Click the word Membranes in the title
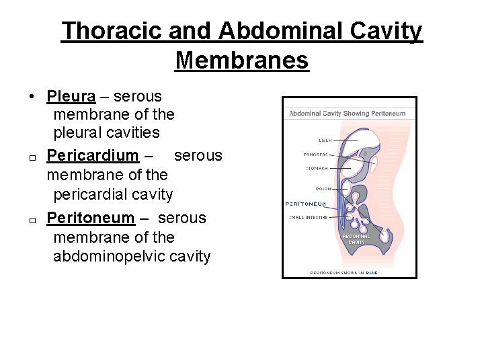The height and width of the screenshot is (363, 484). coord(241,60)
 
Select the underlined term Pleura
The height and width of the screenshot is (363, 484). coord(71,96)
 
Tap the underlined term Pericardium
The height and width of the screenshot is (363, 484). coord(92,155)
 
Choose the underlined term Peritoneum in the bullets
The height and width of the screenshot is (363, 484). coord(91,218)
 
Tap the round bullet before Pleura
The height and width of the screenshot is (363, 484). coord(32,97)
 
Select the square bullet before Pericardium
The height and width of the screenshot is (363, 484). coord(32,158)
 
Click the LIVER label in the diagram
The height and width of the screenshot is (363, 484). coord(325,140)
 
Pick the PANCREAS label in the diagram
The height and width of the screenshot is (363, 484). coord(315,155)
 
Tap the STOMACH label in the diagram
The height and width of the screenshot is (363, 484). coord(317,168)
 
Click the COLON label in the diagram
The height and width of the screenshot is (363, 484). coord(323,189)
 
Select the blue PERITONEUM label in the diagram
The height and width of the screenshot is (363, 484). coord(306,204)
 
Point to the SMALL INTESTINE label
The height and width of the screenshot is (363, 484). coord(309,217)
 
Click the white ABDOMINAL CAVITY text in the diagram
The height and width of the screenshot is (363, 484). coord(356,239)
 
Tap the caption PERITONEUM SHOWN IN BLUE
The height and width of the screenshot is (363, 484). coord(344,273)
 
